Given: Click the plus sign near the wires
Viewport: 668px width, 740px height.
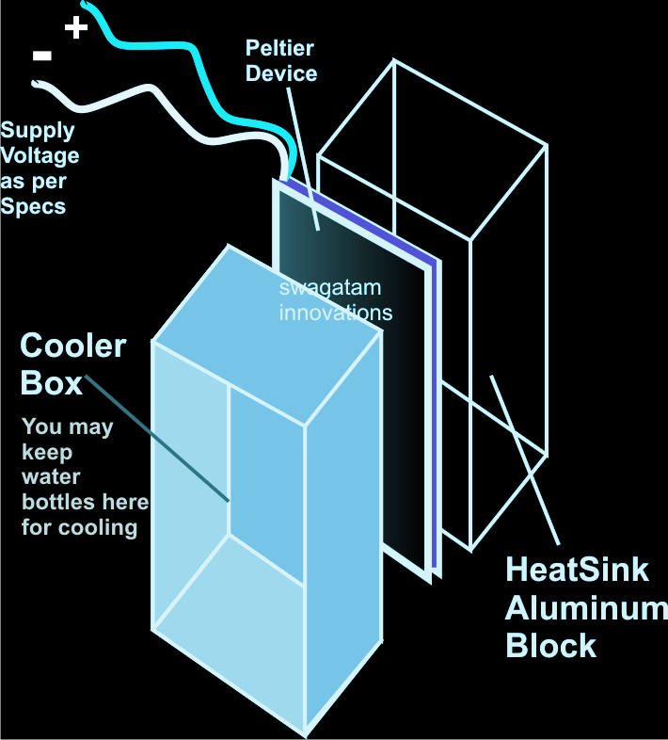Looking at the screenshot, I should coord(76,26).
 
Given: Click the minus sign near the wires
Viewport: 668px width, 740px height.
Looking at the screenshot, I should coord(41,56).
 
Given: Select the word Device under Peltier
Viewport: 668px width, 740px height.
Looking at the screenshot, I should coord(281,72).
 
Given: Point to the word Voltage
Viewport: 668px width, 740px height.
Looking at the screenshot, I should coord(40,155).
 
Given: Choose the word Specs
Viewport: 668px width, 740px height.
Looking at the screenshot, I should coord(34,205).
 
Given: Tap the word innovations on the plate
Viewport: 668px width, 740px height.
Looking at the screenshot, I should coord(335,312).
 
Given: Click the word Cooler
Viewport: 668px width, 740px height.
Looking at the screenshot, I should coord(72,346).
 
